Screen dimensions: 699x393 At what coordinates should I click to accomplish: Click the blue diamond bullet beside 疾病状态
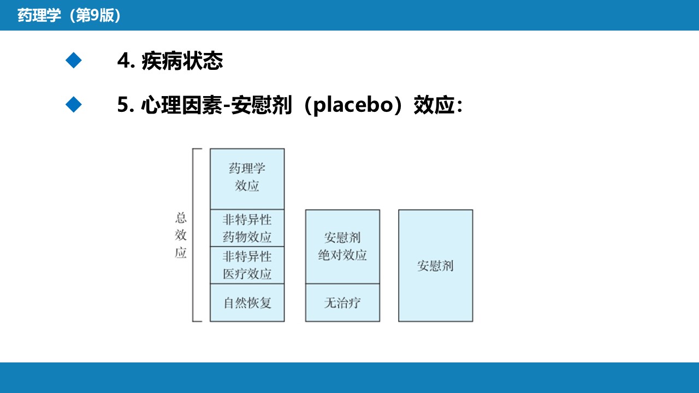tap(74, 60)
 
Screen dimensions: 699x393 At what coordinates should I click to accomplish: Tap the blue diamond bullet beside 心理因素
tap(74, 104)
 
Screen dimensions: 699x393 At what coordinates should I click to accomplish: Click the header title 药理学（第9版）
tap(69, 15)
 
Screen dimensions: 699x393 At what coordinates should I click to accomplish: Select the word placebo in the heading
tap(353, 105)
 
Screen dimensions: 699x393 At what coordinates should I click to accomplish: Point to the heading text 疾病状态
tap(182, 61)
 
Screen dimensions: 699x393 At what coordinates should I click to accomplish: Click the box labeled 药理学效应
tap(247, 178)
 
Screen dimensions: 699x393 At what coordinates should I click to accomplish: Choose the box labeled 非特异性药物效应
tap(247, 228)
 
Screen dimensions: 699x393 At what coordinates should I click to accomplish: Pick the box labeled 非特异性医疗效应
tap(247, 265)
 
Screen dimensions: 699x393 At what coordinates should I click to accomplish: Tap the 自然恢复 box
tap(247, 302)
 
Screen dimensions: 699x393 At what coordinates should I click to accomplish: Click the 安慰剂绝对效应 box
tap(342, 247)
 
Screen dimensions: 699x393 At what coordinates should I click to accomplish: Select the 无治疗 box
tap(342, 302)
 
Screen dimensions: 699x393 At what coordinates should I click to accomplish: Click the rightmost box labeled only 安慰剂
tap(436, 266)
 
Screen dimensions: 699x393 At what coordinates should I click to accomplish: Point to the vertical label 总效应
tap(181, 235)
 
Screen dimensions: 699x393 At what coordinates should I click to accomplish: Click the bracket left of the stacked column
tap(193, 235)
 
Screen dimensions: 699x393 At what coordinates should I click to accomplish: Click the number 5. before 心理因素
tap(126, 105)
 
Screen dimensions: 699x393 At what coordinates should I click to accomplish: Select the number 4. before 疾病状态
tap(126, 61)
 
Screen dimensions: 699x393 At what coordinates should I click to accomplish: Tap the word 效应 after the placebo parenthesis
tap(434, 105)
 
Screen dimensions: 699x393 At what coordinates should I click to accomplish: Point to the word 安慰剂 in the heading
tap(262, 105)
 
